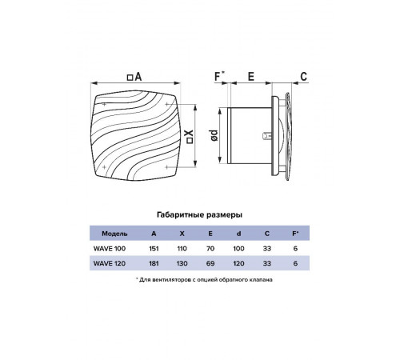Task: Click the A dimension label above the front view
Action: click(x=134, y=77)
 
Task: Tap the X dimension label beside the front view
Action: click(x=190, y=137)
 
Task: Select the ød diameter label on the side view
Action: click(x=214, y=135)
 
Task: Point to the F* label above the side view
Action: click(x=220, y=76)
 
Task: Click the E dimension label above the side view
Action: click(x=251, y=77)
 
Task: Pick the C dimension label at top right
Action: click(x=304, y=77)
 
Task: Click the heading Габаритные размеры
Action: click(x=200, y=214)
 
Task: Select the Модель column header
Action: click(x=114, y=234)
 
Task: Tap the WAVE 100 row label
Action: click(x=110, y=249)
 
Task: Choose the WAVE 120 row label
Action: click(x=110, y=263)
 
